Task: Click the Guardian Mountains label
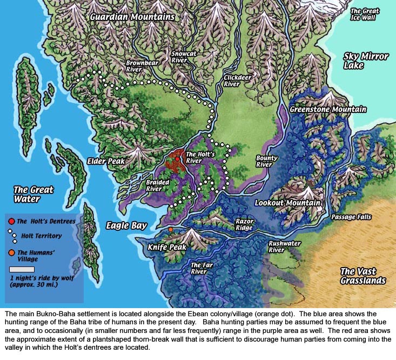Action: coord(132,17)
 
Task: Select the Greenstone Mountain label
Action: coord(328,109)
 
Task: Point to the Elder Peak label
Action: coord(106,161)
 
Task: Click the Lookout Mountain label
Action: coord(287,203)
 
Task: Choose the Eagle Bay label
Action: coord(126,225)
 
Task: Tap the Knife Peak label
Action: coord(167,247)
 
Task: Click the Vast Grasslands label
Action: coord(363,276)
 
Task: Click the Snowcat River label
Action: coord(179,57)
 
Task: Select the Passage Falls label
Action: coord(352,217)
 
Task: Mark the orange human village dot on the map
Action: coord(171,230)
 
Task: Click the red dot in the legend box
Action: coord(11,221)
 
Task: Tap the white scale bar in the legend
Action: coord(22,269)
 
